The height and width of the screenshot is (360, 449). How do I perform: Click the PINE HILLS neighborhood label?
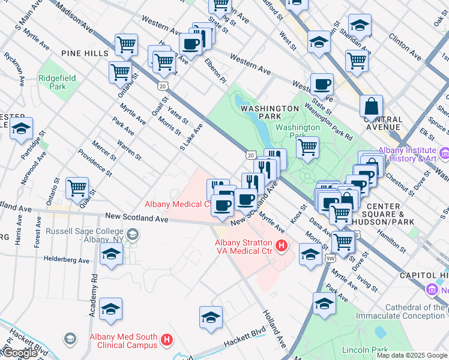click(x=85, y=53)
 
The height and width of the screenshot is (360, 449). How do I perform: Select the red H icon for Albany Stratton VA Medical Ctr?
click(x=280, y=245)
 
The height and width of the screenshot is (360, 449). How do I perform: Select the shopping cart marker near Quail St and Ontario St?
click(x=77, y=188)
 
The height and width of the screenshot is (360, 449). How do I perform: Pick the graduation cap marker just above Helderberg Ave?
click(x=111, y=255)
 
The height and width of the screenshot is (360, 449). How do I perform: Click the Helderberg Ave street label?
click(x=66, y=260)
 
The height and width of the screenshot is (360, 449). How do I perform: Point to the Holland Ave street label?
click(x=273, y=328)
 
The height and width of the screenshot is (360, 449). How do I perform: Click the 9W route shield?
click(x=330, y=259)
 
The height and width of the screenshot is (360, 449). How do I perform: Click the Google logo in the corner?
click(x=20, y=353)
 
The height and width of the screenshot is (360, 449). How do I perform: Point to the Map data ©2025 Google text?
click(x=412, y=355)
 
